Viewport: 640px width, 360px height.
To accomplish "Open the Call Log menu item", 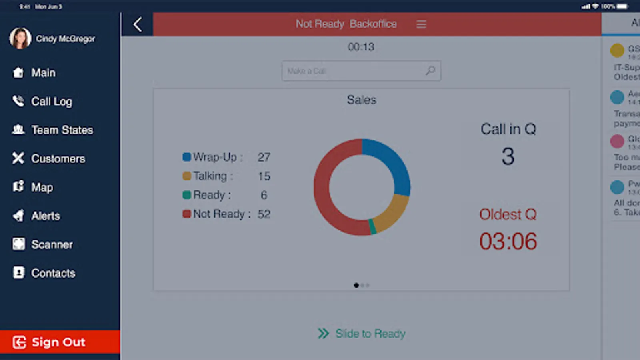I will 51,102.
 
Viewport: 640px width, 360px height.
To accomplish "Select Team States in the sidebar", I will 62,130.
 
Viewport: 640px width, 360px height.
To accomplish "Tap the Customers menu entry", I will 58,159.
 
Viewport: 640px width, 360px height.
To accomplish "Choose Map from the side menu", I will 42,187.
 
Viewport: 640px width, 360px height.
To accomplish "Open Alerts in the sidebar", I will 46,216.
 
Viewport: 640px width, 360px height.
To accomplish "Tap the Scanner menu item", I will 52,244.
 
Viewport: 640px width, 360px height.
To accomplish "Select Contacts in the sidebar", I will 53,273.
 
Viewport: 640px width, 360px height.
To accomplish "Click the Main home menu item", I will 43,73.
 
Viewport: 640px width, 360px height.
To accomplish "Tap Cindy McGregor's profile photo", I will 20,38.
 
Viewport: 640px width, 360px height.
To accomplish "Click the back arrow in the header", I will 138,24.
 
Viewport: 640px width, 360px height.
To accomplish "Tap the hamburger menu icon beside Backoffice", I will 421,24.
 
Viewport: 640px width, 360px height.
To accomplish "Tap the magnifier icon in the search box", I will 430,71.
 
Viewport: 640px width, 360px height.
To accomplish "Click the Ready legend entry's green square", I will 186,195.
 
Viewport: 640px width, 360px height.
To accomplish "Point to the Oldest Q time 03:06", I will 508,242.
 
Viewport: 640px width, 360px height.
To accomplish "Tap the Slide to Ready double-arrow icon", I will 323,334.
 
